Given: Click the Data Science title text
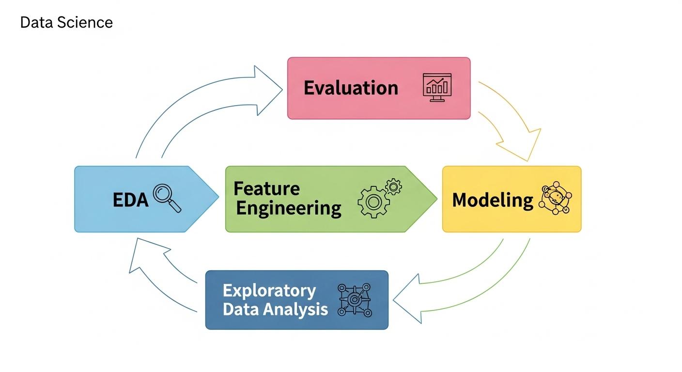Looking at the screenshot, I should click(66, 22).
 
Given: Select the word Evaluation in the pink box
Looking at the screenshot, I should click(351, 88).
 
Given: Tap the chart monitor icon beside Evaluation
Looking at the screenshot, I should click(437, 88).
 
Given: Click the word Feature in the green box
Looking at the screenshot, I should click(266, 188).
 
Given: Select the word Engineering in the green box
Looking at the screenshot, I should click(288, 209).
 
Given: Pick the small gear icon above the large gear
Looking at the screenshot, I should click(393, 186).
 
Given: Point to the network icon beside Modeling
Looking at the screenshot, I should click(555, 199).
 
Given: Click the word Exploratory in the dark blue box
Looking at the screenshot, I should click(269, 291).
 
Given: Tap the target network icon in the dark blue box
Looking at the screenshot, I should click(354, 300).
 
